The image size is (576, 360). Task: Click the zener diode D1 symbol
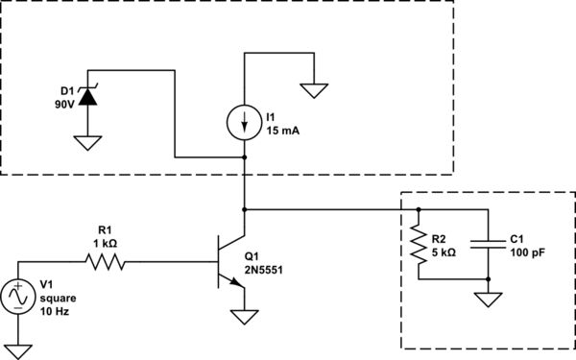[x=88, y=96]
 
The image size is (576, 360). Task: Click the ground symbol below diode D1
[x=88, y=142]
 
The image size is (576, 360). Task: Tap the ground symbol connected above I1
[x=314, y=91]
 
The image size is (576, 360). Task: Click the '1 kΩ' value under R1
[x=105, y=243]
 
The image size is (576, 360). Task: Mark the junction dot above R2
[x=419, y=208]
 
